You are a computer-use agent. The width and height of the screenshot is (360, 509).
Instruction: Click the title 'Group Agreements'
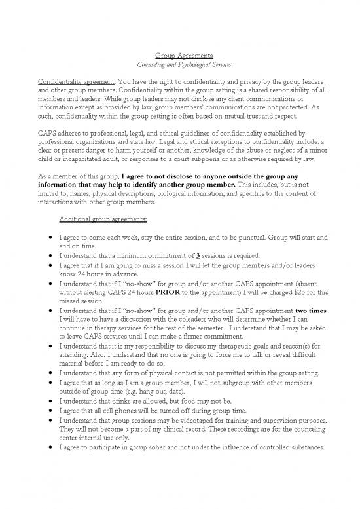pos(179,57)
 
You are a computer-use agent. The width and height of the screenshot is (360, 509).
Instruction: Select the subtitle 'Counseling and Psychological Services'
pos(179,67)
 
